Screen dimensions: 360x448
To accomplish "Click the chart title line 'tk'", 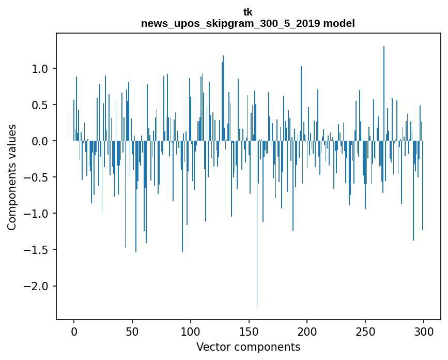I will pos(248,12).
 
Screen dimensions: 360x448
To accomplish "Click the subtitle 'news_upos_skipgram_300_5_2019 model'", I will pos(248,24).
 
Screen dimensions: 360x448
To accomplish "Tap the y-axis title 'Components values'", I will pos(12,177).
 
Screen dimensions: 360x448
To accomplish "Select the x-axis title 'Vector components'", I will pos(248,347).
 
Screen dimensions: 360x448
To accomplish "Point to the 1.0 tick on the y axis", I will pos(40,69).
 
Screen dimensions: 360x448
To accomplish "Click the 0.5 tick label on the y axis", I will pos(40,105).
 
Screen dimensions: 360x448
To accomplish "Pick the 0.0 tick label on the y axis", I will pos(40,141).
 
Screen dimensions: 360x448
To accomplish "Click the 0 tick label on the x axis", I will pos(74,331).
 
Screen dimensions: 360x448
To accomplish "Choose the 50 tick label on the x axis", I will pos(132,331).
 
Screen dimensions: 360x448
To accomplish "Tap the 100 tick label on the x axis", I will pos(191,331).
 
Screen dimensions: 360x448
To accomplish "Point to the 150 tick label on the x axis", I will pos(249,331).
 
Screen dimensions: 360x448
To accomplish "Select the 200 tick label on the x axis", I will pos(307,331).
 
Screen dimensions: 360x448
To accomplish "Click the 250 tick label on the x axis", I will pos(365,331).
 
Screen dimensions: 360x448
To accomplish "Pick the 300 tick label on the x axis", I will pos(424,331).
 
